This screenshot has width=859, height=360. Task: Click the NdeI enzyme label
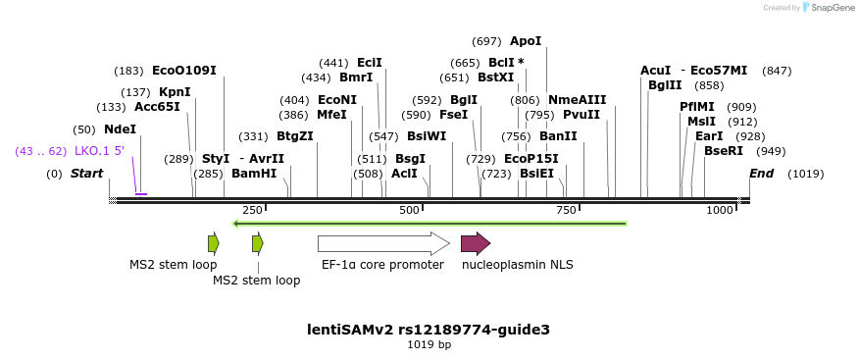tap(119, 129)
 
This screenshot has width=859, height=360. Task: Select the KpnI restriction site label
tap(175, 92)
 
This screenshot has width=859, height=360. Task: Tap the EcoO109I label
tap(183, 71)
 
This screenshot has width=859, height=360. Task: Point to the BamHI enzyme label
tap(254, 174)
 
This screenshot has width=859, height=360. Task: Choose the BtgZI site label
tap(294, 136)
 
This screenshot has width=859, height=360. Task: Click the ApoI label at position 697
tap(525, 41)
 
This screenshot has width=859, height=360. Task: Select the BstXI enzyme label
tap(495, 77)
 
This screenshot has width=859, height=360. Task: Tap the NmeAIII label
tap(577, 100)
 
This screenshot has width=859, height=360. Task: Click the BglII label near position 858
tap(665, 85)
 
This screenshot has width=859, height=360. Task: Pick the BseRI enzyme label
tap(724, 151)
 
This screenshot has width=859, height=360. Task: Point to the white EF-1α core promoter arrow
tap(383, 243)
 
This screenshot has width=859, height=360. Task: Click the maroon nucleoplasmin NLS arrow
tap(476, 243)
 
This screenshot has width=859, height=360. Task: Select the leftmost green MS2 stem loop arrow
tap(213, 243)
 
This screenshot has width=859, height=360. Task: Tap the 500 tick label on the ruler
tap(409, 211)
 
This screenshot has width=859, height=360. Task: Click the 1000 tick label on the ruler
tap(720, 211)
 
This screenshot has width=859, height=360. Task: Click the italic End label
tap(761, 174)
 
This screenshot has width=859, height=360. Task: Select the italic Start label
tap(86, 174)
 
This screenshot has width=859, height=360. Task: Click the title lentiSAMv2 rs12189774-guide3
tap(429, 330)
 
